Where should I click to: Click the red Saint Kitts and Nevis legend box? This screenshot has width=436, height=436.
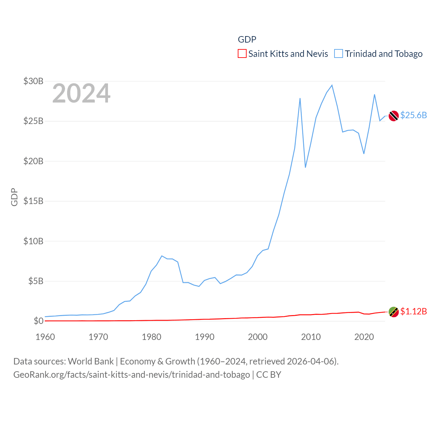(x=242, y=54)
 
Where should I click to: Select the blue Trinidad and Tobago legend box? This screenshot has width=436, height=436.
(x=338, y=54)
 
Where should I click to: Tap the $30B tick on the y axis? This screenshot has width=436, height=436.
(x=33, y=81)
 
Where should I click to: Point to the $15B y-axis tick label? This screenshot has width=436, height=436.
(x=33, y=201)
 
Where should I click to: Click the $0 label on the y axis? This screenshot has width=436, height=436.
(x=38, y=321)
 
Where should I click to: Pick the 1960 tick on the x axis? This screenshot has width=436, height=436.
(x=45, y=337)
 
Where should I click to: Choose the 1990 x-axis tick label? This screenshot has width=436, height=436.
(x=205, y=337)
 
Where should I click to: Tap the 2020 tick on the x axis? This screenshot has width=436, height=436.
(x=364, y=337)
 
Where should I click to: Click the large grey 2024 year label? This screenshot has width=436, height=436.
(x=81, y=93)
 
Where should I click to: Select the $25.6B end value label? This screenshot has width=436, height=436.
(x=414, y=115)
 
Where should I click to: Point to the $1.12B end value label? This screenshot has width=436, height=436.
(x=414, y=311)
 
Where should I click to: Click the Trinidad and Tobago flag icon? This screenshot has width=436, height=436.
(x=394, y=116)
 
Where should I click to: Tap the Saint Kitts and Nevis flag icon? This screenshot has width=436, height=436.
(x=394, y=312)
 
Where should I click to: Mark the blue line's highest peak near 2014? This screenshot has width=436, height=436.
(x=332, y=85)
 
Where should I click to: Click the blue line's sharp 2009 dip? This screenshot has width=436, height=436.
(x=306, y=167)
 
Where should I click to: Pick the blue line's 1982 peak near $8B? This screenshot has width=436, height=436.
(x=162, y=256)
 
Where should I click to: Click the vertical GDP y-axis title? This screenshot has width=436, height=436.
(x=14, y=197)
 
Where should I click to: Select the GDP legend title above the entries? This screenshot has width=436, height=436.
(x=247, y=40)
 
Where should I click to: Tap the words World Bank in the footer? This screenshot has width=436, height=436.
(x=91, y=361)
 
